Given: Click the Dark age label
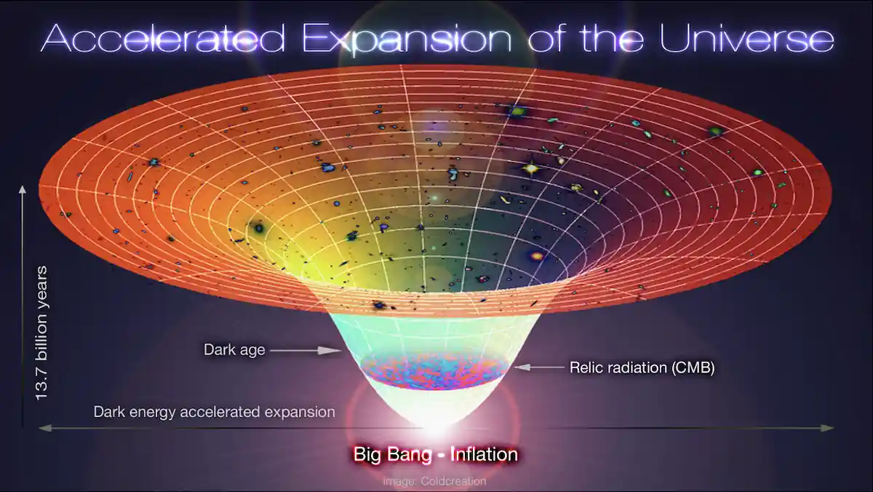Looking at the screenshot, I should pyautogui.click(x=234, y=350).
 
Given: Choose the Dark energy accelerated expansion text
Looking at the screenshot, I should pyautogui.click(x=214, y=412).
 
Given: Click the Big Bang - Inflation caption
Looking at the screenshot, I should pyautogui.click(x=435, y=455).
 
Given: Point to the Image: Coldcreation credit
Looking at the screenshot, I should pyautogui.click(x=434, y=481).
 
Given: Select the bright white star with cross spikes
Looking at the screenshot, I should pyautogui.click(x=531, y=169).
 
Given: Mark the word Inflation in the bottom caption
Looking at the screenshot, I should pyautogui.click(x=483, y=455).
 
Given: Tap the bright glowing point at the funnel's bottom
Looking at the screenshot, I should pyautogui.click(x=434, y=426).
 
